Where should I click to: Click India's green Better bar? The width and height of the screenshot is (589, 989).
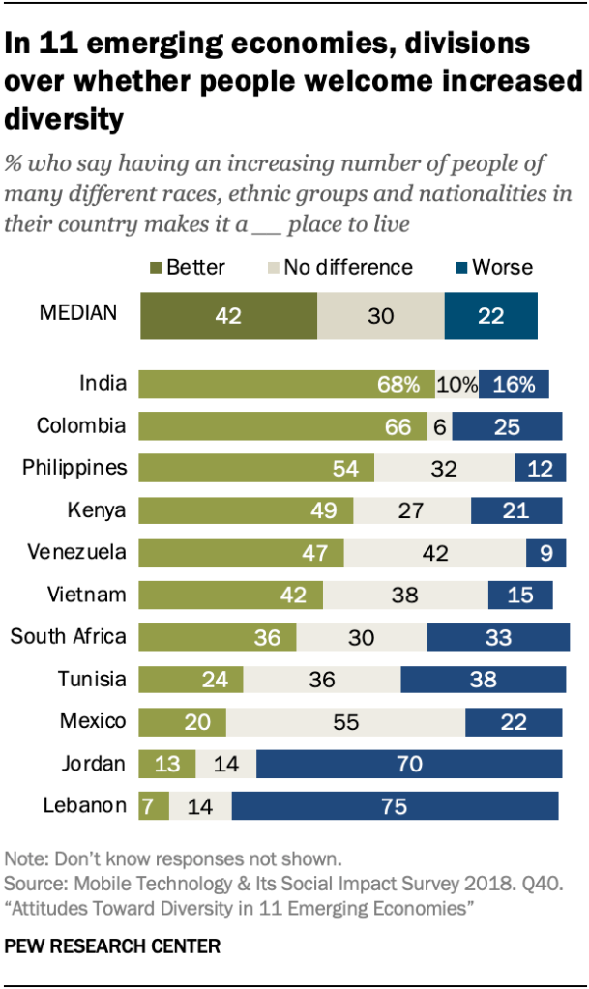pos(286,384)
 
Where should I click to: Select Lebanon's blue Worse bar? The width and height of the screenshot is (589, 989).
pos(395,805)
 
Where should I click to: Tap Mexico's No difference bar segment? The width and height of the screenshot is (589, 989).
pos(345,721)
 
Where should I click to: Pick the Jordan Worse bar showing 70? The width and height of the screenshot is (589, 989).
pos(409,764)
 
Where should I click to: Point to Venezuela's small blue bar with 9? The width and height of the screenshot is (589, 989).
pos(544,553)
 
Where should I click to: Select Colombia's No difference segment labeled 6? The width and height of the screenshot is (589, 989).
pos(440,426)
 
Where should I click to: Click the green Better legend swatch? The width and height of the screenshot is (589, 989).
pos(156,267)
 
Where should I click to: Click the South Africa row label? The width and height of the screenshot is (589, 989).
pos(68,636)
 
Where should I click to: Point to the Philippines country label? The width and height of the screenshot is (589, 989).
pos(74,468)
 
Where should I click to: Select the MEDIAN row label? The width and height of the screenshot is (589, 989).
pos(77,313)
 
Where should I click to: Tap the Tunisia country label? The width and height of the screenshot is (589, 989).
pos(93,679)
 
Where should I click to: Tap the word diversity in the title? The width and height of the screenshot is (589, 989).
pos(65,119)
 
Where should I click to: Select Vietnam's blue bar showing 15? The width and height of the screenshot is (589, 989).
pos(520,595)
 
